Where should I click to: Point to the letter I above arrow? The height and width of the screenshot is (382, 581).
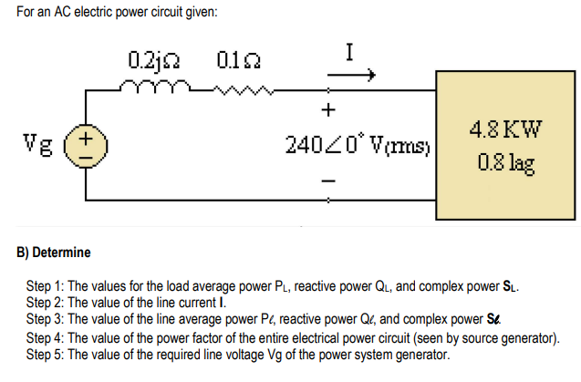[x=348, y=53]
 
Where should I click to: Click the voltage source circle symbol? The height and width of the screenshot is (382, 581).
[x=88, y=147]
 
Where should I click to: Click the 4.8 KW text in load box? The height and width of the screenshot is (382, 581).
[x=505, y=129]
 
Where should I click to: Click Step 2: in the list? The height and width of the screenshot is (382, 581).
[x=47, y=300]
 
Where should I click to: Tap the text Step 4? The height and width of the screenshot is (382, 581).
[x=47, y=337]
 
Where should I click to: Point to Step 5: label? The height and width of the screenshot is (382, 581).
[x=47, y=354]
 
